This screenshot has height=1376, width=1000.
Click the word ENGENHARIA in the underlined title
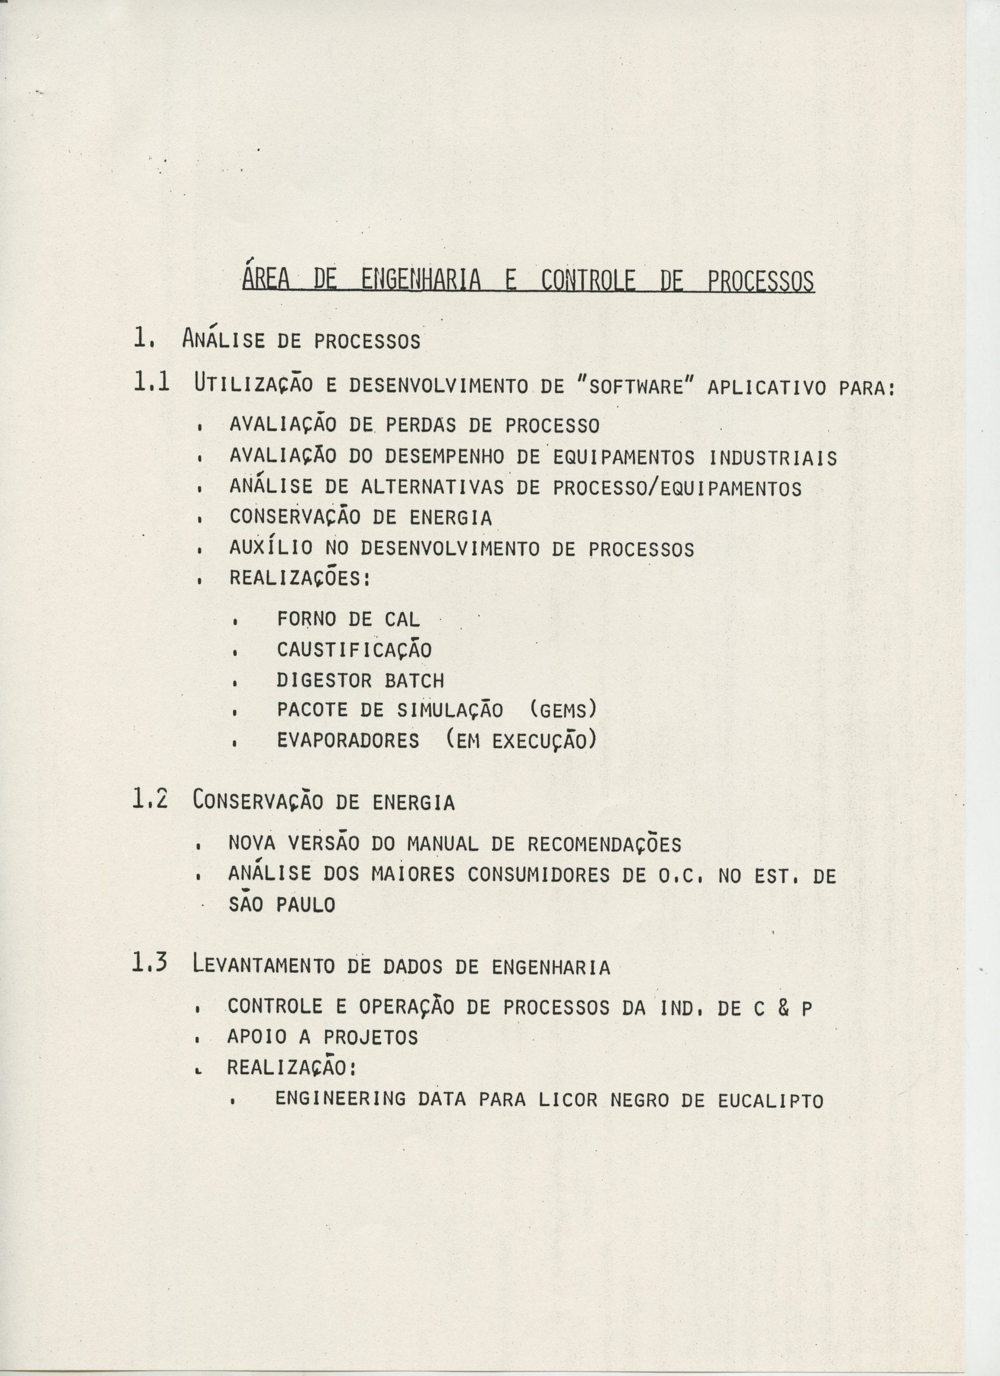420,281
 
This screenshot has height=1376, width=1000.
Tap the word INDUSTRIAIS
773,457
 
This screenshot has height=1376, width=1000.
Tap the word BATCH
415,680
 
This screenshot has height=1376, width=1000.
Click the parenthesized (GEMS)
563,709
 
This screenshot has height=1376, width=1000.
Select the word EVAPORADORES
348,741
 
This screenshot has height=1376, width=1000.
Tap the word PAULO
306,906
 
